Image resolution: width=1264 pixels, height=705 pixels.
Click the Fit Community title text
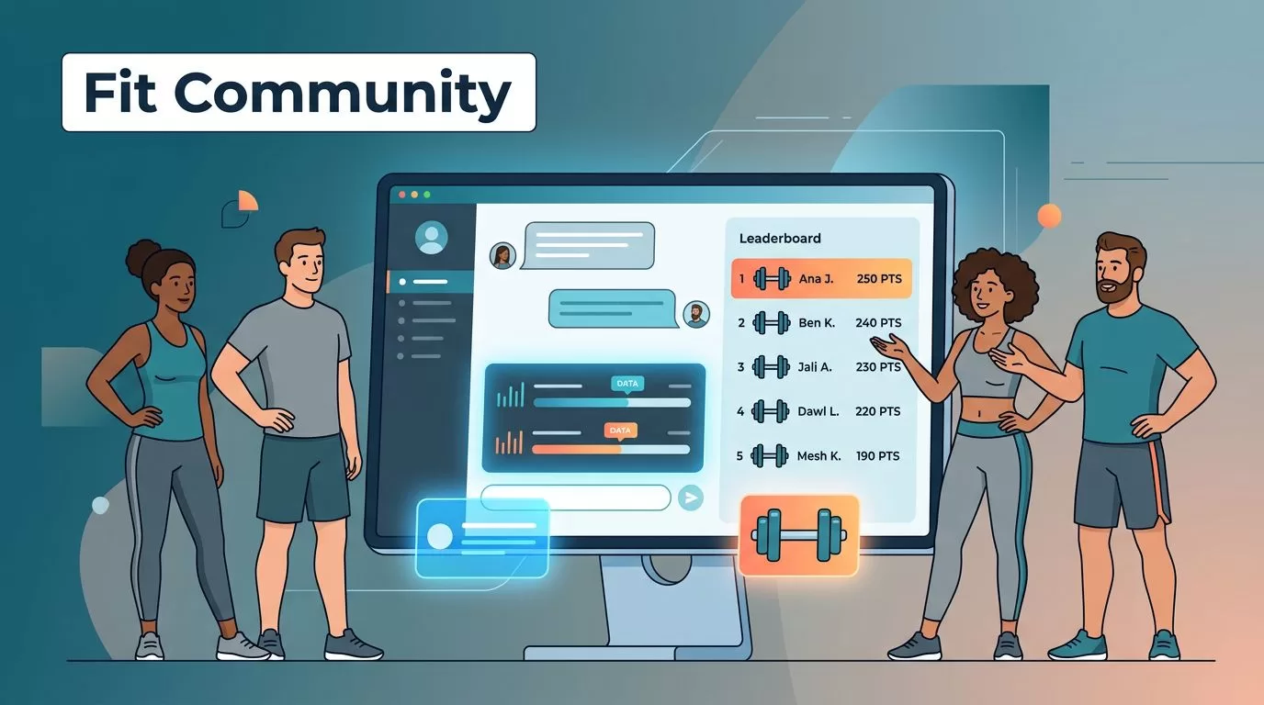298,92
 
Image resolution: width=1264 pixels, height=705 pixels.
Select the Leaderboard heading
780,238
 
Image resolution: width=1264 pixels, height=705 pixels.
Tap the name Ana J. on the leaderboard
816,278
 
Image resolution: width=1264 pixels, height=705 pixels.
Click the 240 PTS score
878,322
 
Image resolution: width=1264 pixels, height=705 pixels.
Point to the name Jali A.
815,366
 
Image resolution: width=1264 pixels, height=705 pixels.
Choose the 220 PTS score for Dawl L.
877,411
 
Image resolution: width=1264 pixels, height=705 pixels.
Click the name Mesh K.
818,455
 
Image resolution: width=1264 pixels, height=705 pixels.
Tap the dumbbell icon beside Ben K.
772,322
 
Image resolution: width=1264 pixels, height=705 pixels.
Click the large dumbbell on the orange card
798,535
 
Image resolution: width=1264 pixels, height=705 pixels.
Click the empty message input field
576,498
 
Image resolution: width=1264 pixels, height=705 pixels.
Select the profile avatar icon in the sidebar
432,238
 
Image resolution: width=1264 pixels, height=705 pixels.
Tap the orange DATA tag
620,431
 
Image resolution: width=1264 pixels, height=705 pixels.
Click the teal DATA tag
626,384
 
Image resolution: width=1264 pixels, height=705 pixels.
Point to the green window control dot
427,195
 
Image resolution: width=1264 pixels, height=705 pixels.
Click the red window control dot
402,195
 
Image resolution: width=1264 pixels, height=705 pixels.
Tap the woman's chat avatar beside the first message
502,255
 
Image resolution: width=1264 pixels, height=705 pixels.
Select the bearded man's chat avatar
696,314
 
